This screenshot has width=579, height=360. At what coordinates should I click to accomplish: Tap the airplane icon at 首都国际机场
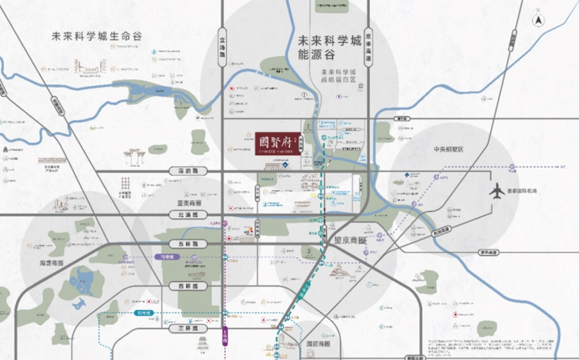pyautogui.click(x=497, y=191)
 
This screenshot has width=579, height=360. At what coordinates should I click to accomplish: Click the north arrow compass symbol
pyautogui.click(x=539, y=21)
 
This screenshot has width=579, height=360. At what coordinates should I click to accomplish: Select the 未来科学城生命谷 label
pyautogui.click(x=96, y=36)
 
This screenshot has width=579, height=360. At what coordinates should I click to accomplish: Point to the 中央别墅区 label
pyautogui.click(x=448, y=149)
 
